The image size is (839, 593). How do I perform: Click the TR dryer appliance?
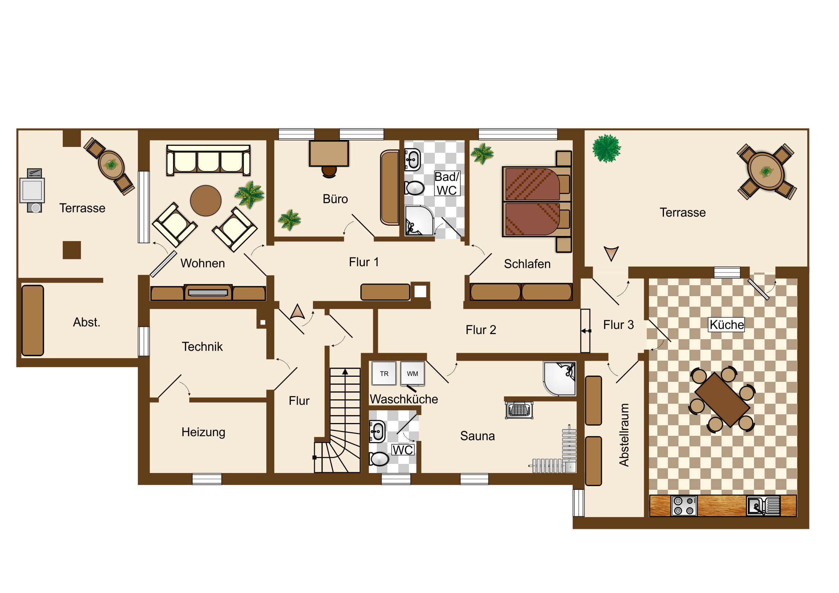pyautogui.click(x=384, y=373)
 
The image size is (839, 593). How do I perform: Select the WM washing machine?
pyautogui.click(x=413, y=373)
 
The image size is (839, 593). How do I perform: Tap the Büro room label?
pyautogui.click(x=335, y=199)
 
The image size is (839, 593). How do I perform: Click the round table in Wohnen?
pyautogui.click(x=206, y=201)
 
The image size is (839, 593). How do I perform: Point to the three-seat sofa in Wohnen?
pyautogui.click(x=208, y=160)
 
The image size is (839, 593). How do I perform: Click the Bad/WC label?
pyautogui.click(x=446, y=183)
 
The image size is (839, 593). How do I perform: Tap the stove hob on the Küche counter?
pyautogui.click(x=684, y=506)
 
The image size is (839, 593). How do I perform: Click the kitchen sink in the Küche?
pyautogui.click(x=763, y=506)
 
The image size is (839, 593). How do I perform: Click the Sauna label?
pyautogui.click(x=477, y=436)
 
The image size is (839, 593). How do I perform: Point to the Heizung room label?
pyautogui.click(x=203, y=432)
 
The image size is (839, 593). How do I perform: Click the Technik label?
pyautogui.click(x=202, y=346)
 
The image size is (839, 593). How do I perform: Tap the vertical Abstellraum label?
pyautogui.click(x=624, y=435)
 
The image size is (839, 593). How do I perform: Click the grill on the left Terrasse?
pyautogui.click(x=32, y=190)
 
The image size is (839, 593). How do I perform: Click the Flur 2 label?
pyautogui.click(x=481, y=330)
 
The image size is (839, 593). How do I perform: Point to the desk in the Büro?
pyautogui.click(x=329, y=154)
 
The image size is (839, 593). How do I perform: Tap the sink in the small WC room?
pyautogui.click(x=377, y=431)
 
